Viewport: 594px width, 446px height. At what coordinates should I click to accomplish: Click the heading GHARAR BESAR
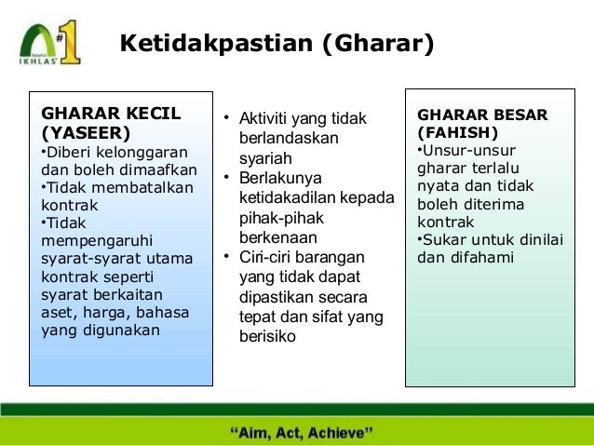pyautogui.click(x=482, y=115)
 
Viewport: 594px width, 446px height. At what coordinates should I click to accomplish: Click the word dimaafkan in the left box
pyautogui.click(x=157, y=169)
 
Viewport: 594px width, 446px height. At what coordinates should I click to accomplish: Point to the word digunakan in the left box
pyautogui.click(x=121, y=330)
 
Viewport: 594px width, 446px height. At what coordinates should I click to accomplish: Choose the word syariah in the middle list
pyautogui.click(x=265, y=158)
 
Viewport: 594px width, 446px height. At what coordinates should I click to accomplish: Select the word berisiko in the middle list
pyautogui.click(x=268, y=336)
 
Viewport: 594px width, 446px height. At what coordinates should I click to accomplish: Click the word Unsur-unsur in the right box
pyautogui.click(x=469, y=150)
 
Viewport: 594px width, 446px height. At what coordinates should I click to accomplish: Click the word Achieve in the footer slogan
pyautogui.click(x=341, y=433)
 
